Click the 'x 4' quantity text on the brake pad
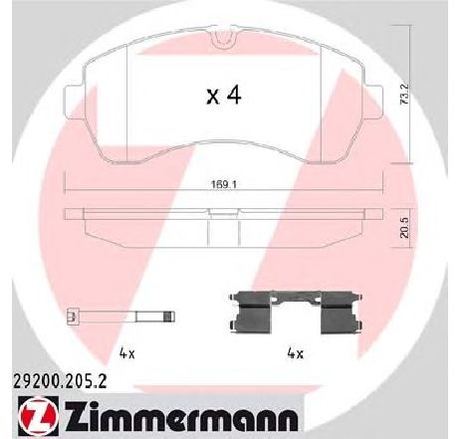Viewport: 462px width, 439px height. [224, 95]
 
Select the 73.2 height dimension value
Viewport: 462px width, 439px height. [405, 95]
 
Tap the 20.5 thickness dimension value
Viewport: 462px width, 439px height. [405, 229]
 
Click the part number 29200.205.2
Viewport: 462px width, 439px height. [60, 381]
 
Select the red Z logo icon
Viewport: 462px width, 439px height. [37, 416]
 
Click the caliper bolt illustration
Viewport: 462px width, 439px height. [120, 316]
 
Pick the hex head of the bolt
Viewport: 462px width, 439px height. [73, 316]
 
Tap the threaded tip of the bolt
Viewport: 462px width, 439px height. [169, 316]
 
